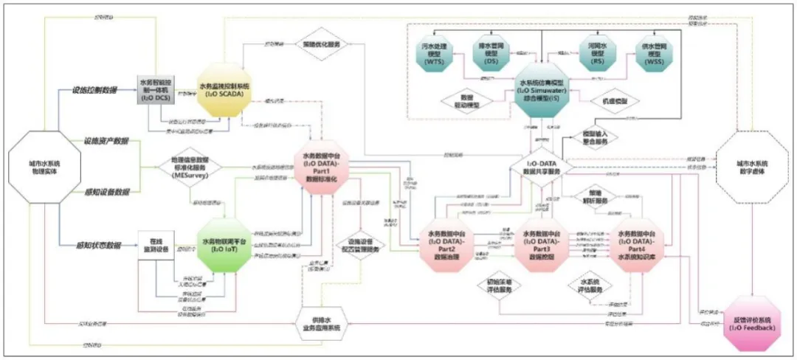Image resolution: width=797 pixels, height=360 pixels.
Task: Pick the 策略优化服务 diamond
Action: pyautogui.click(x=322, y=45)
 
